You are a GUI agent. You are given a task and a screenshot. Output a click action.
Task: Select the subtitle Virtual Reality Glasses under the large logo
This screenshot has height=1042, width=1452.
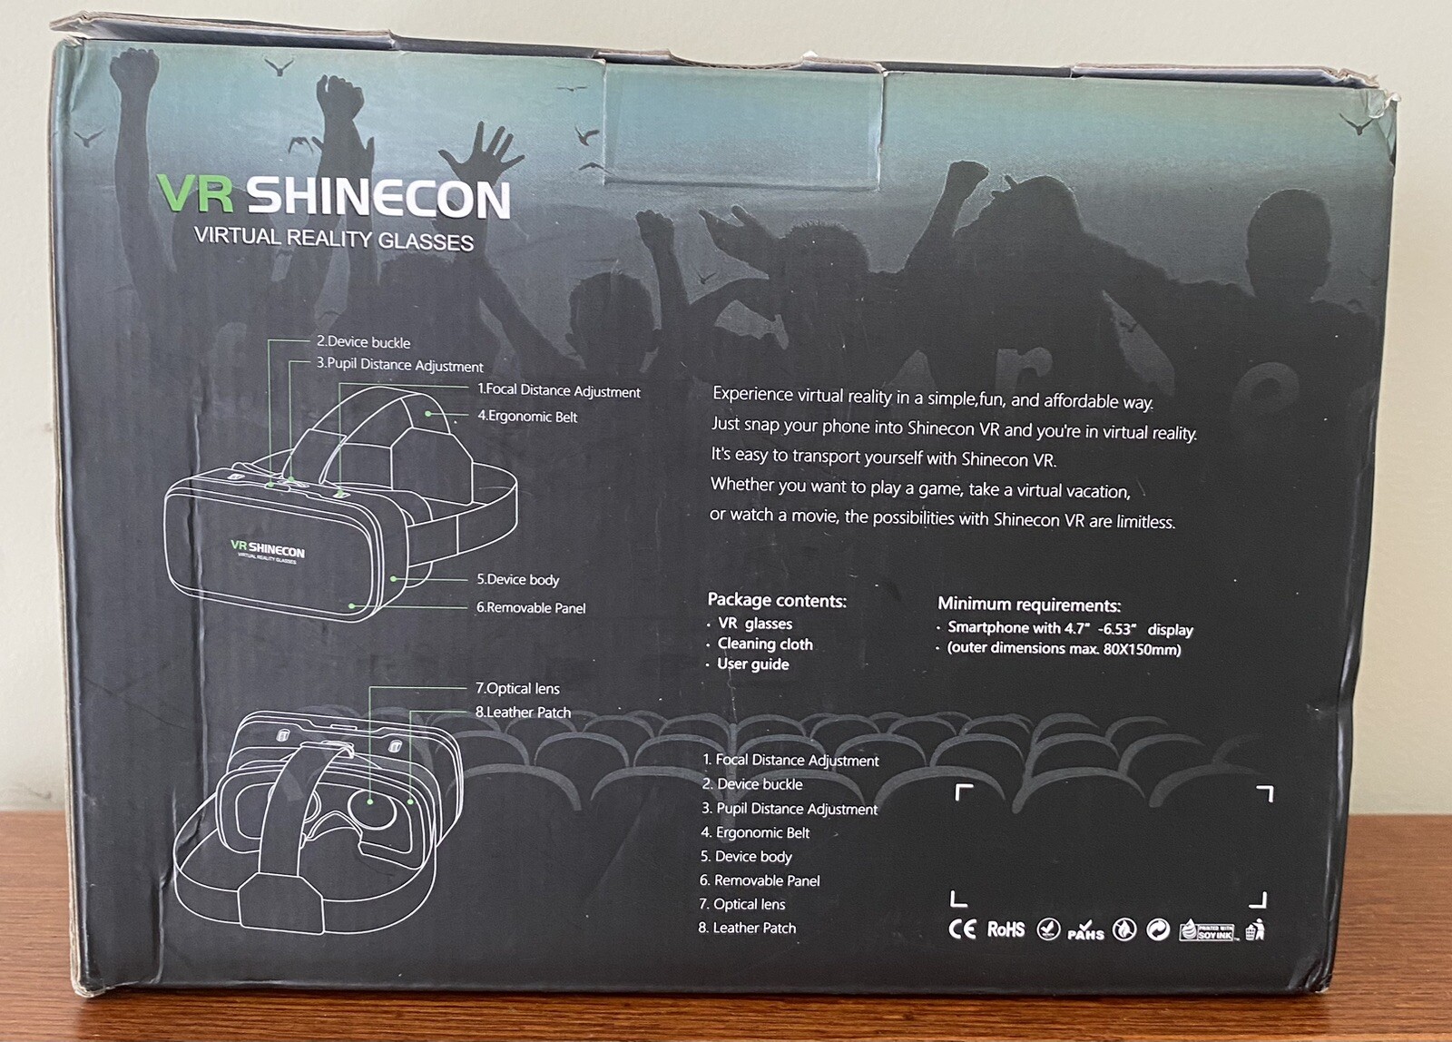click(333, 239)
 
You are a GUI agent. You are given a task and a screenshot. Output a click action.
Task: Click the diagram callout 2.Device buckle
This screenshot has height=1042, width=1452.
click(363, 342)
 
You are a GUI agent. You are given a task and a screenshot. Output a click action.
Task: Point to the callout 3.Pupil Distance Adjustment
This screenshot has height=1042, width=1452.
click(399, 365)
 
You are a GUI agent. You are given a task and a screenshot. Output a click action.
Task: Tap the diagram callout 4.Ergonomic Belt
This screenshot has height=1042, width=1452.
click(527, 417)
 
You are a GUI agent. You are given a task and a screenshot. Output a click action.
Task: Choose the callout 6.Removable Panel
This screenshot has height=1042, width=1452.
click(531, 608)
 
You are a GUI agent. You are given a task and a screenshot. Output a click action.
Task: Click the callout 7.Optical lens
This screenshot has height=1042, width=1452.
click(517, 689)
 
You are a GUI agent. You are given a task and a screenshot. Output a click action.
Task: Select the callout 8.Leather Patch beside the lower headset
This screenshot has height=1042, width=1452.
click(523, 713)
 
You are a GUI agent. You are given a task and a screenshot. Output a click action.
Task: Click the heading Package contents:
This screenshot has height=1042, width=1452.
click(777, 600)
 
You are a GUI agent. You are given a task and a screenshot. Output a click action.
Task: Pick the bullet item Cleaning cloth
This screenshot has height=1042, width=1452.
click(765, 644)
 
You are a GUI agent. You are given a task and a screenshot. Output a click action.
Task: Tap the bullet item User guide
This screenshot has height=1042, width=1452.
click(752, 664)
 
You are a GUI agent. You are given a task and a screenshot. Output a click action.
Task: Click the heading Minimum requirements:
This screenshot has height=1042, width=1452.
click(1029, 605)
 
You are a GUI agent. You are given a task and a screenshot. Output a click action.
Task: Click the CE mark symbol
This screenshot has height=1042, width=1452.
click(962, 929)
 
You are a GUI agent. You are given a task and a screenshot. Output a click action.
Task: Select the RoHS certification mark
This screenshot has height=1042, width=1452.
click(1006, 929)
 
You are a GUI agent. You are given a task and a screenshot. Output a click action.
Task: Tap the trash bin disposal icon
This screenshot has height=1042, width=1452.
click(1255, 929)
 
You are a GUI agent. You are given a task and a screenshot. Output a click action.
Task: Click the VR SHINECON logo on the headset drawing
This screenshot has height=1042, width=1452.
click(268, 550)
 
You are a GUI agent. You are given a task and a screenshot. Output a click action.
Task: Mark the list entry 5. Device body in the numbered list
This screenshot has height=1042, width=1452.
click(746, 857)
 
